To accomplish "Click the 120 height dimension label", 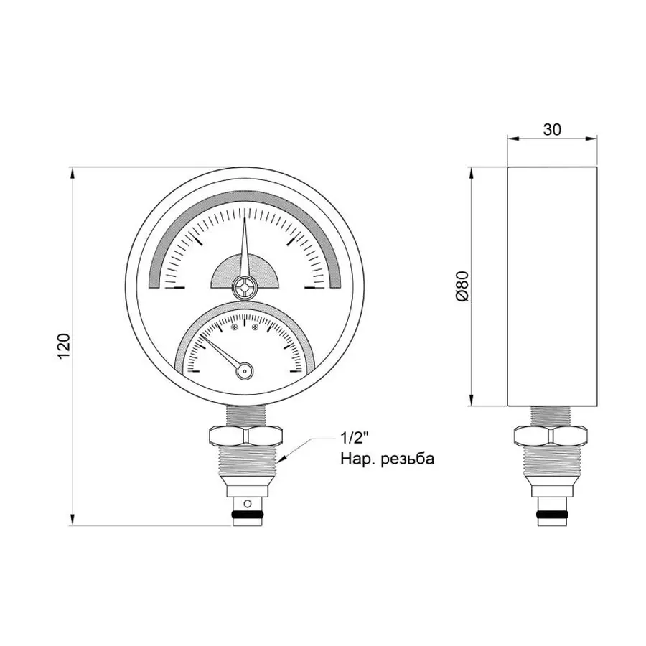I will click(63, 347).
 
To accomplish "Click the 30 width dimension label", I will click(551, 129).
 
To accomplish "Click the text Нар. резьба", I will click(387, 459).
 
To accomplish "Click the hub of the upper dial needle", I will click(245, 288).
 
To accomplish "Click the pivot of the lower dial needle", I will click(245, 371).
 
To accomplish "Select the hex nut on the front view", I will click(245, 435).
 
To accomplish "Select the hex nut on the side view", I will click(551, 435).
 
